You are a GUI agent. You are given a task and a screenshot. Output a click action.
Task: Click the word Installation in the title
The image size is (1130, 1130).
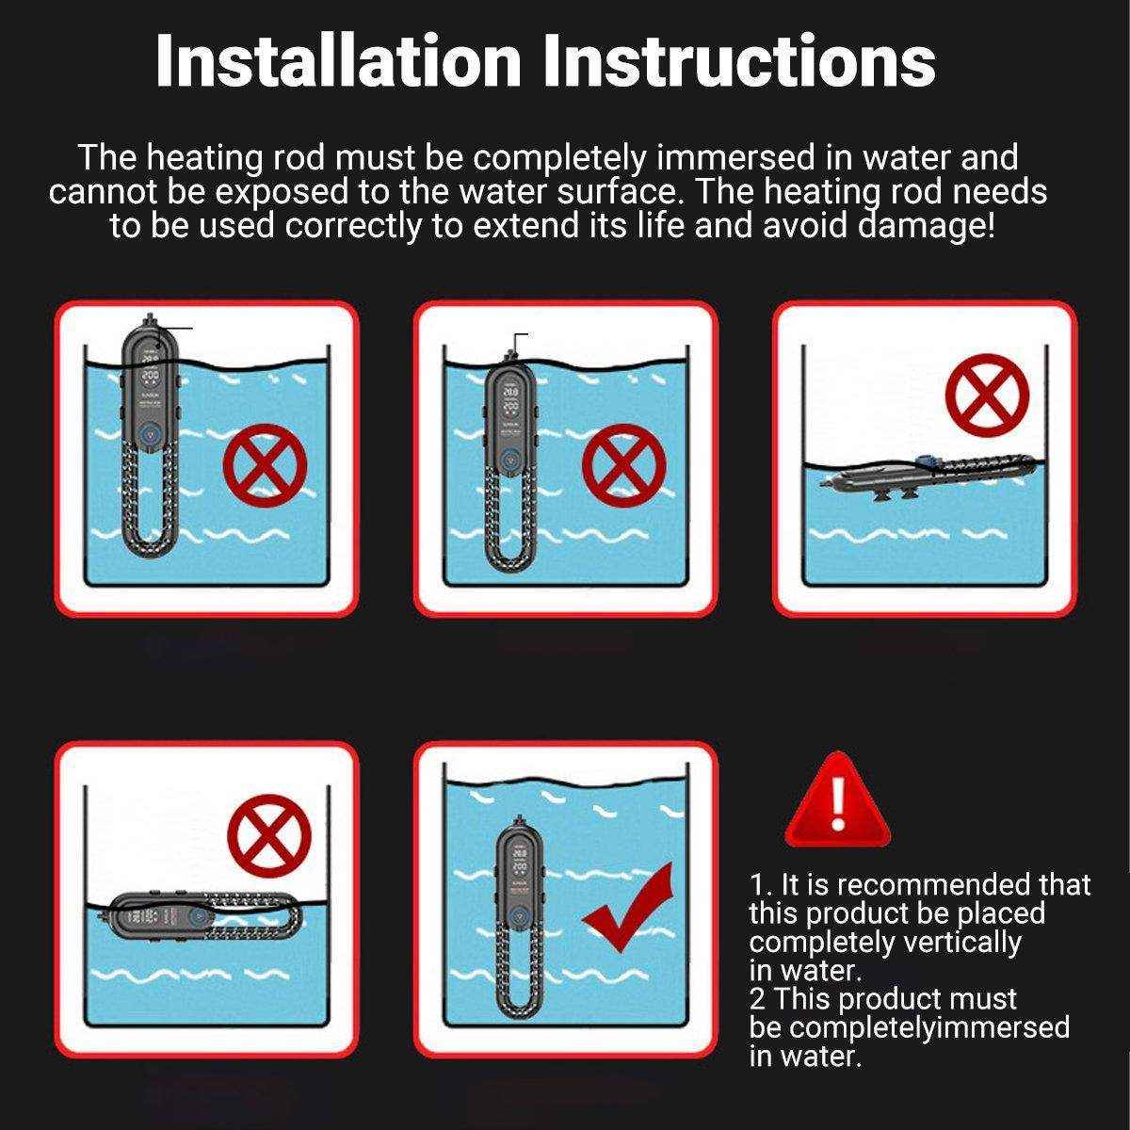[338, 62]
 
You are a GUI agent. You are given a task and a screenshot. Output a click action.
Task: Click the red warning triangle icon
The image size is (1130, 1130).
[837, 800]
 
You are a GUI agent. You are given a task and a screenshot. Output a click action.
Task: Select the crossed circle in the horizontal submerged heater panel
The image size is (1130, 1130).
[987, 395]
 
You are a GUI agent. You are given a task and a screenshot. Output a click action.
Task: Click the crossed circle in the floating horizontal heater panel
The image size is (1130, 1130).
[269, 835]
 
